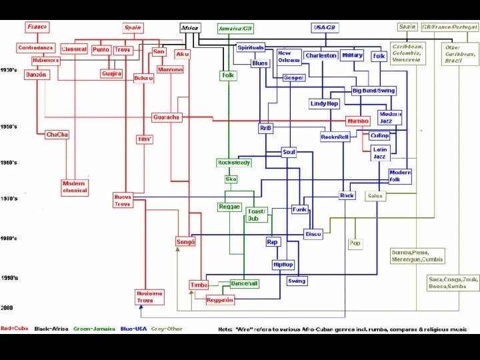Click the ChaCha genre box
pos(57,135)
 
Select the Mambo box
pos(358,121)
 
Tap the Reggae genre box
pos(229,207)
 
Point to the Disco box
pos(313,234)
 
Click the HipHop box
pos(283,265)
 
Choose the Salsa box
pos(375,196)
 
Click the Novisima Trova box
pos(150,297)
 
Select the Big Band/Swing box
pos(373,90)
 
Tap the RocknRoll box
pos(335,137)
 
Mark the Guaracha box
pos(166,117)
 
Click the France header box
pos(37,27)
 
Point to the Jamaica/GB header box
pos(235,29)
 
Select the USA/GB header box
pos(324,27)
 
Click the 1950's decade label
pos(9,126)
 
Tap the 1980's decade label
pos(9,238)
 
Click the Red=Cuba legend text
pos(15,329)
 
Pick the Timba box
pos(199,285)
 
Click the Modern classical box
pos(75,187)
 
